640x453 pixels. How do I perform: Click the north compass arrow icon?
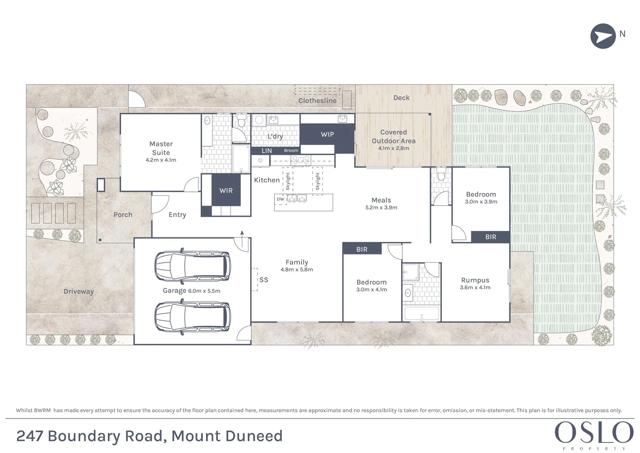[603, 36]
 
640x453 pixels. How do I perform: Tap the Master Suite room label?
[161, 148]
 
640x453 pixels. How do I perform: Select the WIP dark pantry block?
[327, 135]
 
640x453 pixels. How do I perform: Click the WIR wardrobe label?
[226, 190]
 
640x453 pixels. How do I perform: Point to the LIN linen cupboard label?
[267, 151]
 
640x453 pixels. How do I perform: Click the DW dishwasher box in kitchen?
[280, 199]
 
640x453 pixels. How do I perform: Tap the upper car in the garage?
[192, 266]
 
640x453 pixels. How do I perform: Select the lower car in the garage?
[192, 318]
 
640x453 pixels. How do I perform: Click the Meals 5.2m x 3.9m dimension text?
[381, 208]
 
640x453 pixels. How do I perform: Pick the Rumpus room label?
[475, 280]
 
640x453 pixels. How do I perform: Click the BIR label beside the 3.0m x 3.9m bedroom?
[490, 237]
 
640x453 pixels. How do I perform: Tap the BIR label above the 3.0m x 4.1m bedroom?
[362, 250]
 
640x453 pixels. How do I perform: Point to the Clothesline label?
[317, 101]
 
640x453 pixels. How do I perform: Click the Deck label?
[401, 98]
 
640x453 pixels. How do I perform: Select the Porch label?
[123, 215]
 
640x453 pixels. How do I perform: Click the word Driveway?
[78, 292]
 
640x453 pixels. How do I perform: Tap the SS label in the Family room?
[264, 280]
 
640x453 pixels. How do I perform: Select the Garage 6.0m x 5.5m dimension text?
[204, 291]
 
